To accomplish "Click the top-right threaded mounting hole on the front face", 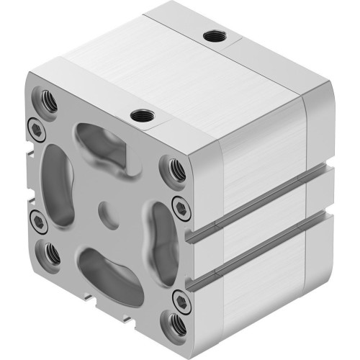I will click(176, 169).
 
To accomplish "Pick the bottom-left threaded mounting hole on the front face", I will click(51, 251).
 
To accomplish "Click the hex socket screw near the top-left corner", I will click(34, 125).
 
